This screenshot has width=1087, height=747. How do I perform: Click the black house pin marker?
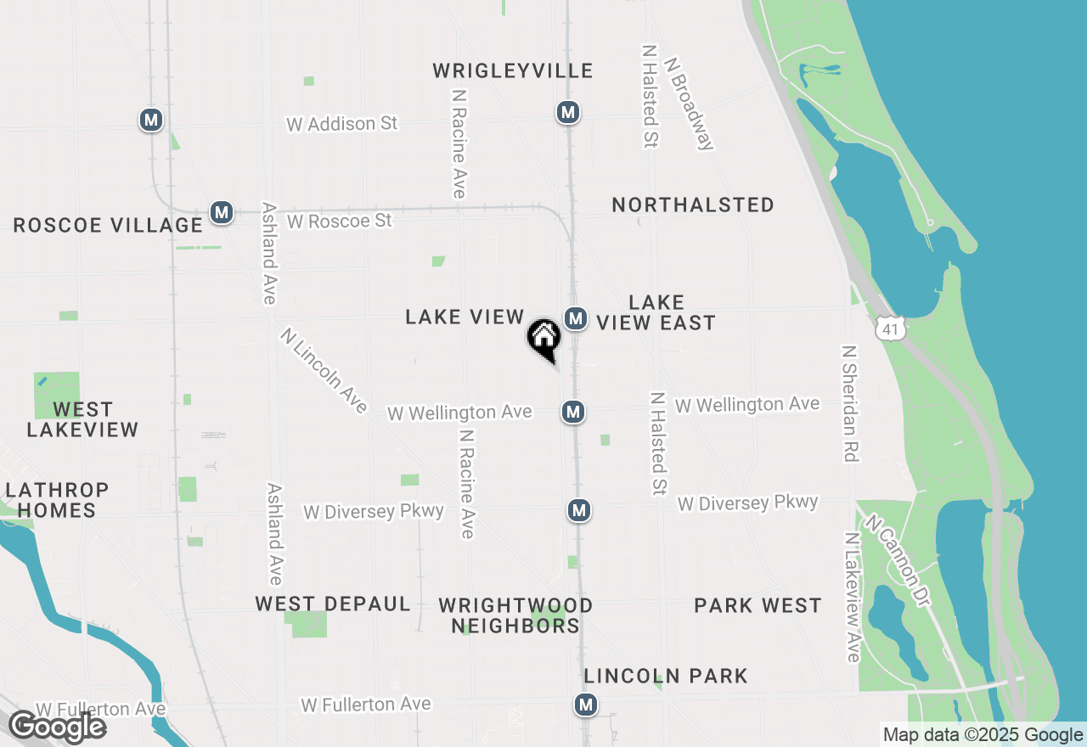(543, 339)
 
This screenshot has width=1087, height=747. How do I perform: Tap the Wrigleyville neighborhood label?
(513, 70)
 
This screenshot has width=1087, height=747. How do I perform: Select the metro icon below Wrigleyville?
(568, 112)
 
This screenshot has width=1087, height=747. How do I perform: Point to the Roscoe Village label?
(108, 225)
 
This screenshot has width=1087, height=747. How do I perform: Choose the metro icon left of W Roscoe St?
(222, 212)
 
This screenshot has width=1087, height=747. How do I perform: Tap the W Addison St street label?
(341, 124)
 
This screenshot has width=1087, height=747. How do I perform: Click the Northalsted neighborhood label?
(693, 205)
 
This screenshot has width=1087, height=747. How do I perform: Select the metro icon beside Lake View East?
(576, 318)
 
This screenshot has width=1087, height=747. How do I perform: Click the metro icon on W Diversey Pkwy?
(579, 510)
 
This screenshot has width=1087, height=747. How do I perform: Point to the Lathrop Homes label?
(57, 500)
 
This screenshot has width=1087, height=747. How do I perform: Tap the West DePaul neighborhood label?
(333, 604)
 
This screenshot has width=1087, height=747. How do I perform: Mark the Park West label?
(758, 605)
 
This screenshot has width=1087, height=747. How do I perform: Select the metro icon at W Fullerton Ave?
(585, 704)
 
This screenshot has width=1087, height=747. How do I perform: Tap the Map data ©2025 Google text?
(983, 735)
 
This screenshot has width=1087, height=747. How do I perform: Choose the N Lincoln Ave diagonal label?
(324, 371)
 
